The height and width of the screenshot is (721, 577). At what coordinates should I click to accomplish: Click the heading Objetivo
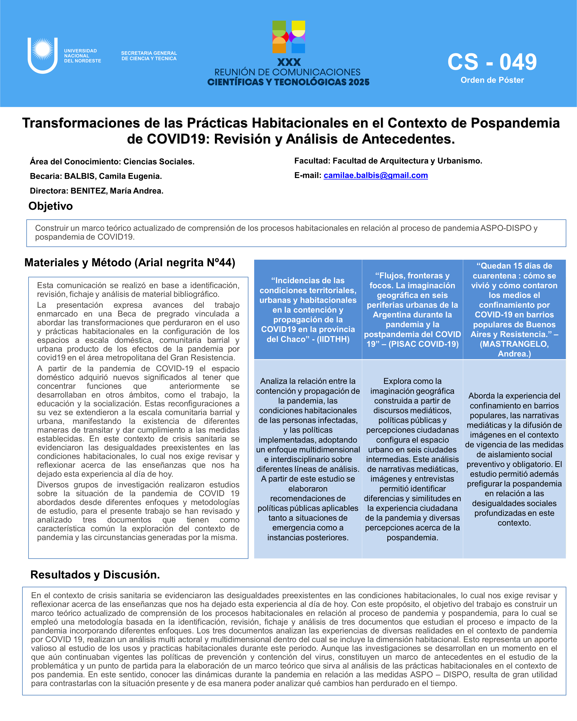pyautogui.click(x=51, y=206)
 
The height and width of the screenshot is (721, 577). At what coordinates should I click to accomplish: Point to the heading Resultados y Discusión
pyautogui.click(x=95, y=575)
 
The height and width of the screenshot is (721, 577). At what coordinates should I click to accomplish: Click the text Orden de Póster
pyautogui.click(x=492, y=80)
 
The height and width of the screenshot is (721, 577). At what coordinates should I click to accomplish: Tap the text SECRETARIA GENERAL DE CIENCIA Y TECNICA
pyautogui.click(x=149, y=56)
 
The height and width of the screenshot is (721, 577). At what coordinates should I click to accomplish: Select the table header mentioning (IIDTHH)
pyautogui.click(x=308, y=310)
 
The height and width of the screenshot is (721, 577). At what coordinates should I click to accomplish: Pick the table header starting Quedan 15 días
pyautogui.click(x=514, y=310)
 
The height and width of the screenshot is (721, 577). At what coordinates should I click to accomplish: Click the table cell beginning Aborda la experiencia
pyautogui.click(x=514, y=459)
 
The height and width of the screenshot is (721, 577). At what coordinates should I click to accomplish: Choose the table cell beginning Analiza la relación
pyautogui.click(x=308, y=459)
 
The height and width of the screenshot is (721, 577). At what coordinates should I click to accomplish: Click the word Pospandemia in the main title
pyautogui.click(x=515, y=123)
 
